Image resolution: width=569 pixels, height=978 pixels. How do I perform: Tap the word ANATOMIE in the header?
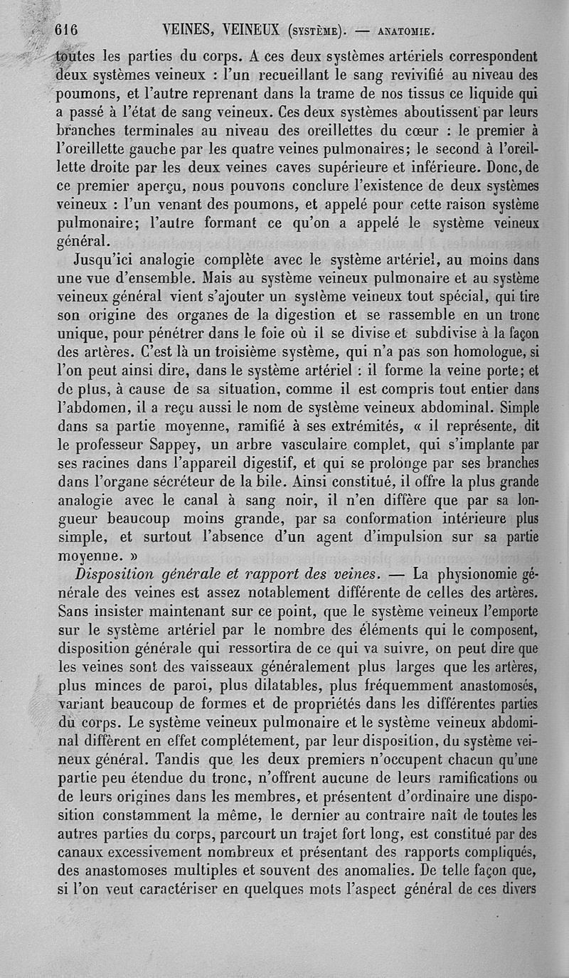click(407, 31)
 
